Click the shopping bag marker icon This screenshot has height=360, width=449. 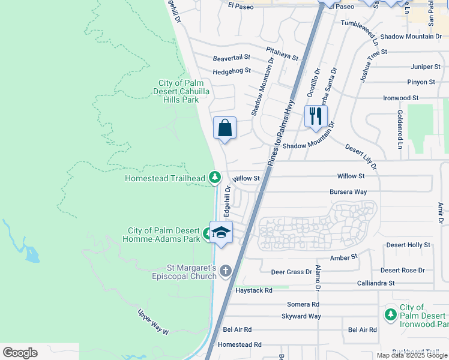[224, 128]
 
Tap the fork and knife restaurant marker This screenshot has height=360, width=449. [316, 115]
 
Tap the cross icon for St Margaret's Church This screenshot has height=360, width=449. [226, 271]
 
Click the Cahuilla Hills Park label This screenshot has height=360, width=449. [178, 91]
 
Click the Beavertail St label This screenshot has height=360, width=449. [231, 59]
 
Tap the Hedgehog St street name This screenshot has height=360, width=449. [231, 71]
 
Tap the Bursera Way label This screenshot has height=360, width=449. [348, 192]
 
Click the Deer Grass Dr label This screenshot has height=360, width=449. [292, 272]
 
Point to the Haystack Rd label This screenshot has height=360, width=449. [254, 290]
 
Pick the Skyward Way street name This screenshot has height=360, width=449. [301, 316]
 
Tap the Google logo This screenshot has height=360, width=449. [20, 353]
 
